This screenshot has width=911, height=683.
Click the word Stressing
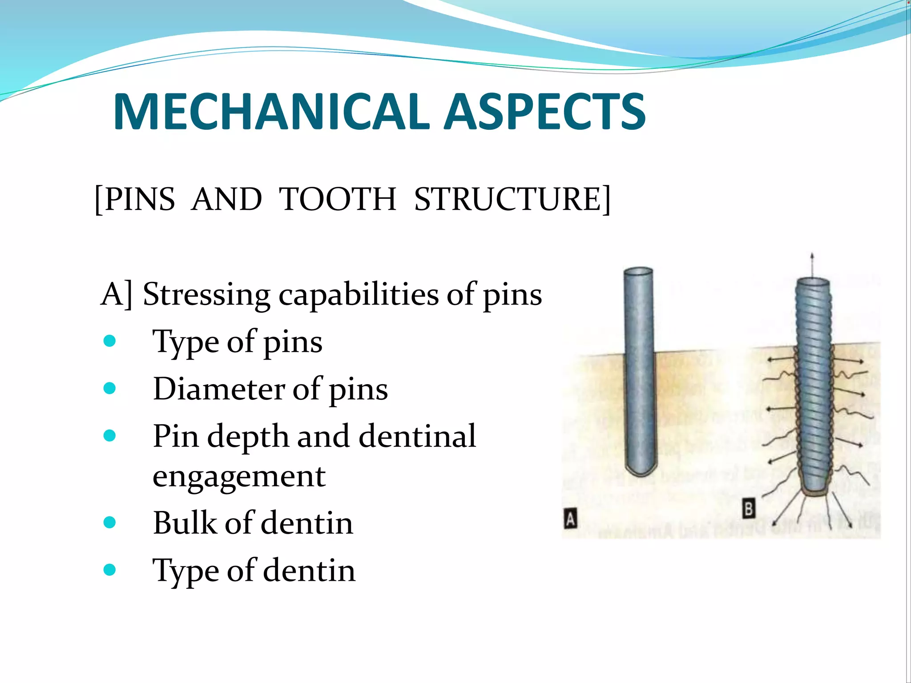[x=206, y=295]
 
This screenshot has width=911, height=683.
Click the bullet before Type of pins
[x=109, y=341]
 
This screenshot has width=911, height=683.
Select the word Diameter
[x=219, y=389]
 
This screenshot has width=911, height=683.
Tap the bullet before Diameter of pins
[x=109, y=389]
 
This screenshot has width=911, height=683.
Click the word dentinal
[x=417, y=436]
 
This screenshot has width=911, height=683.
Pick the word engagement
[x=239, y=476]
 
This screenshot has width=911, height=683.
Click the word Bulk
[x=185, y=523]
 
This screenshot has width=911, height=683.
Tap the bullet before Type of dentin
[x=109, y=570]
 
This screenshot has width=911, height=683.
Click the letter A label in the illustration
[x=570, y=519]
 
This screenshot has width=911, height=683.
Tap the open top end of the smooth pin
[x=638, y=272]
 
